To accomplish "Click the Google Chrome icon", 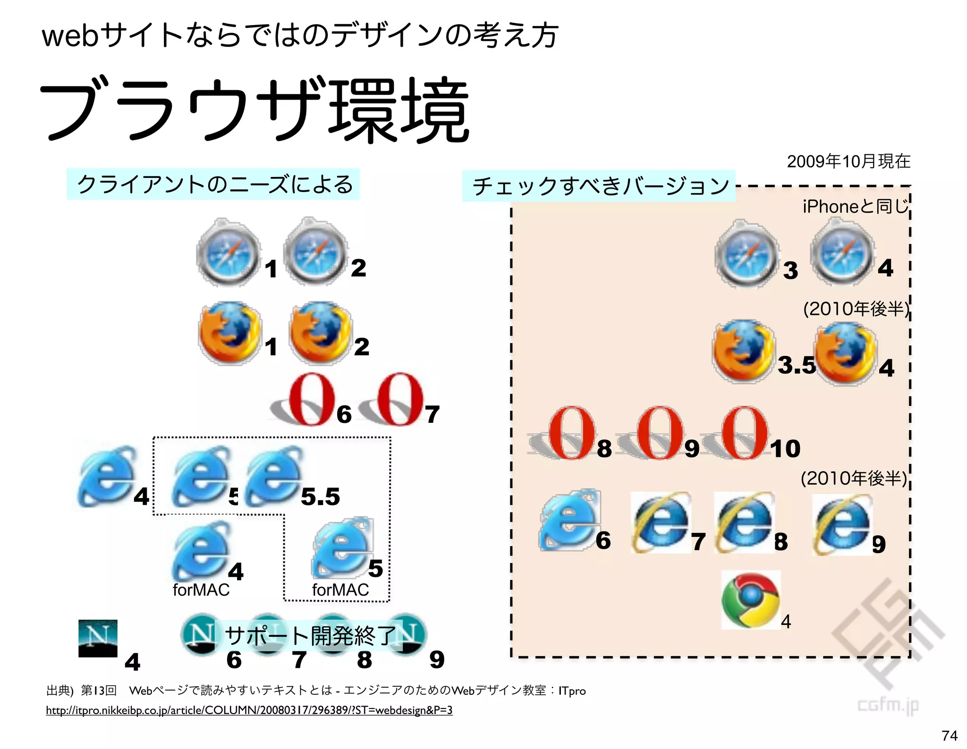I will (x=750, y=600).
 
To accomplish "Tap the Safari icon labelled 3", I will (x=746, y=254).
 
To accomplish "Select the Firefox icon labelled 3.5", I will (x=743, y=351).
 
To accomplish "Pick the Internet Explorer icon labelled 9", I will (x=842, y=525).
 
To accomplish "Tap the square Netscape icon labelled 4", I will (x=98, y=638).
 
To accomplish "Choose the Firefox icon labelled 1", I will (x=229, y=333).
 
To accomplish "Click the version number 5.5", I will (x=320, y=497).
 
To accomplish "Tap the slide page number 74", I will (x=949, y=735).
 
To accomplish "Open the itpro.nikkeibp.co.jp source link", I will (x=249, y=710).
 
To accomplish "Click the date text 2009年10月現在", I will (x=848, y=161).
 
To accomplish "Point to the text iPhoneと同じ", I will (x=855, y=206).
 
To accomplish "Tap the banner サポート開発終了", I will (x=310, y=635).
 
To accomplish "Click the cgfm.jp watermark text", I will (x=888, y=705).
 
